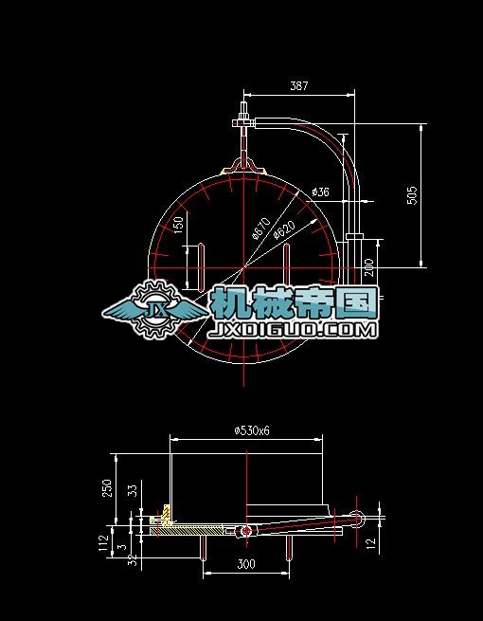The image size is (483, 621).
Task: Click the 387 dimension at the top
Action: pyautogui.click(x=298, y=85)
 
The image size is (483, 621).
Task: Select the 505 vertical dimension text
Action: pyautogui.click(x=412, y=194)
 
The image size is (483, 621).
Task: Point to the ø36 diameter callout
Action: pyautogui.click(x=320, y=192)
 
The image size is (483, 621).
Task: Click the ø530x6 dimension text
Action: pyautogui.click(x=252, y=429)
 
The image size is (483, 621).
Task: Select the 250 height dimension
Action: pyautogui.click(x=107, y=487)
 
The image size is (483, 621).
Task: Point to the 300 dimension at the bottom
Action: pyautogui.click(x=245, y=565)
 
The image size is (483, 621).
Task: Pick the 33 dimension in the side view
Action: pyautogui.click(x=132, y=490)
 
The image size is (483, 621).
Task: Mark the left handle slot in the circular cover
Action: pyautogui.click(x=200, y=265)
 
